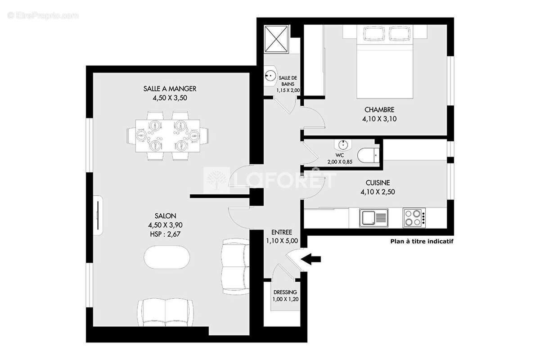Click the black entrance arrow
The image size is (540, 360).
click(x=311, y=259)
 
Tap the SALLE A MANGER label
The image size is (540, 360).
click(x=170, y=89)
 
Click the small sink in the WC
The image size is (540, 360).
click(x=343, y=145)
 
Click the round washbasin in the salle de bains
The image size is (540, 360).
click(x=271, y=76)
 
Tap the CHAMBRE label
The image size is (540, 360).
click(x=379, y=110)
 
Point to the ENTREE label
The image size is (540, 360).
click(x=282, y=232)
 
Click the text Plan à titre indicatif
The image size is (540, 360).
click(x=421, y=241)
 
